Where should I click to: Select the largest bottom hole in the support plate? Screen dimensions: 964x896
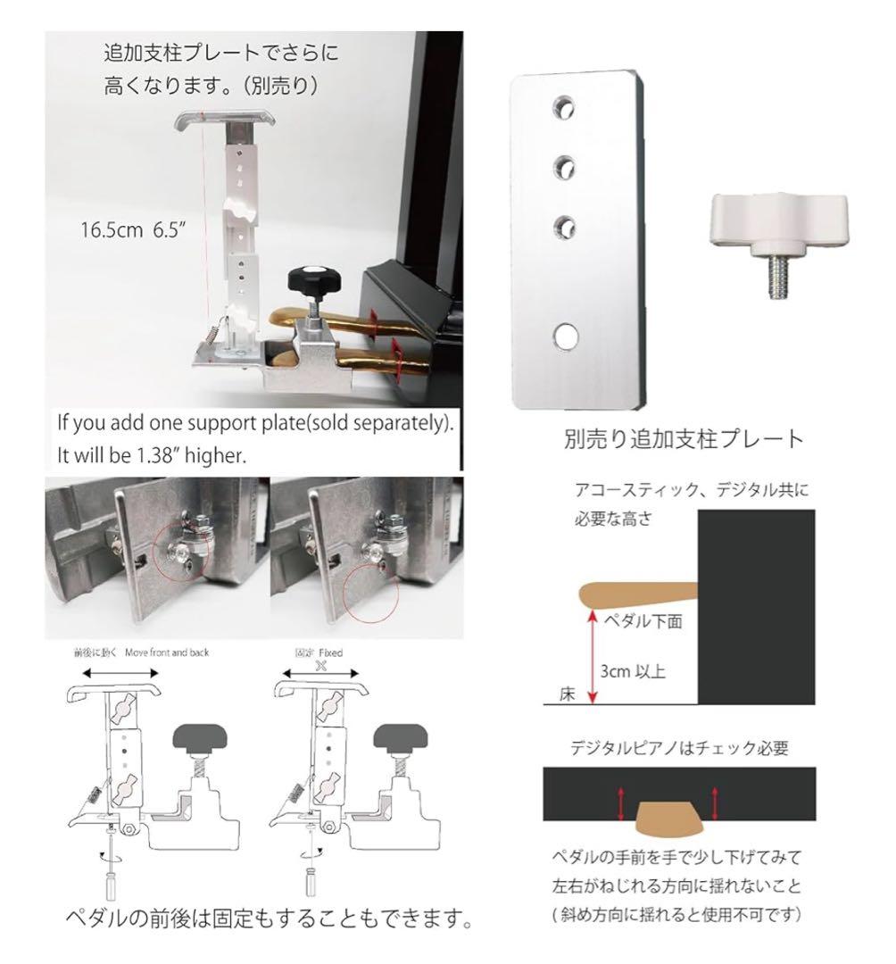[564, 336]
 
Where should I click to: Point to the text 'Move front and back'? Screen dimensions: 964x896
[167, 652]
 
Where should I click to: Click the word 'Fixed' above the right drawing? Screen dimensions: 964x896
[330, 652]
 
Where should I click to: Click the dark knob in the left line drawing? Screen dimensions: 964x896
[201, 738]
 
